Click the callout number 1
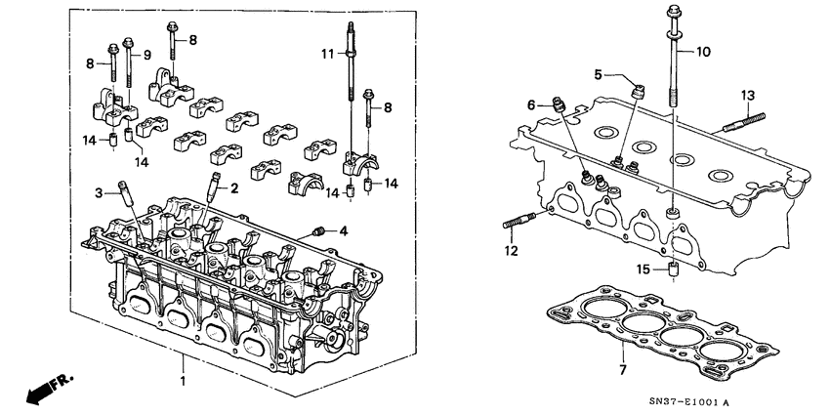183,376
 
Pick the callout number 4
342,231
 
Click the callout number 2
233,188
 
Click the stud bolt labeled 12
520,224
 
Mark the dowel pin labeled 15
672,270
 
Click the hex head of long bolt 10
674,15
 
